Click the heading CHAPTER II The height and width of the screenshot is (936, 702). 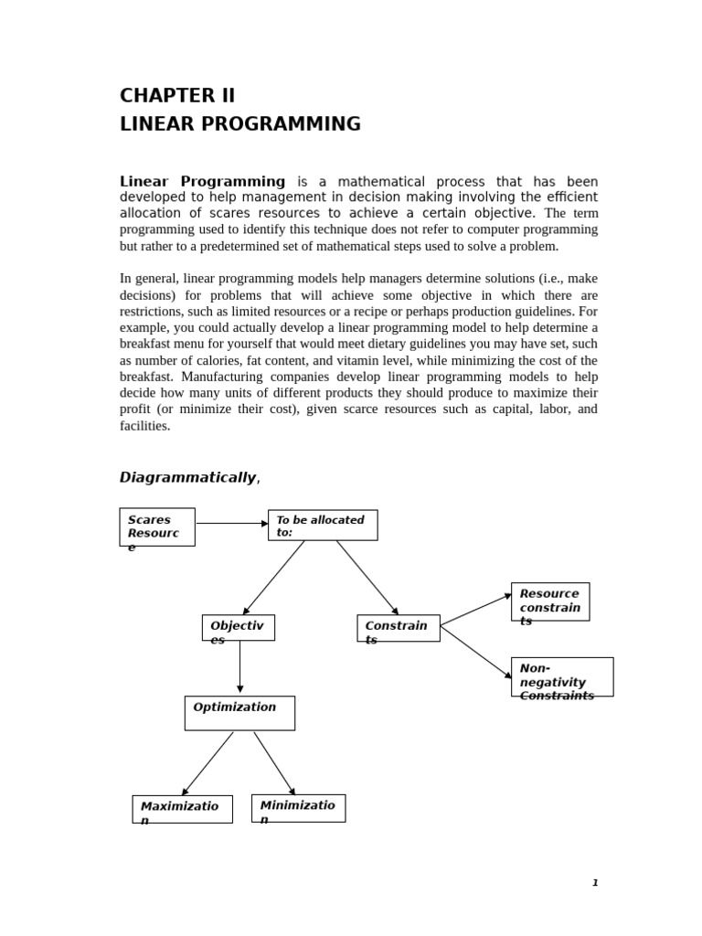point(177,96)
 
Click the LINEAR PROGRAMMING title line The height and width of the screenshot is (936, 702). point(239,124)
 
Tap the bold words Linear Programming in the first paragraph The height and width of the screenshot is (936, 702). point(202,182)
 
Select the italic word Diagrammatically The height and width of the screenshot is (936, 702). point(187,477)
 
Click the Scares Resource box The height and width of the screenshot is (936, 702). point(157,527)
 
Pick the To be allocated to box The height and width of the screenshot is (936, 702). point(322,526)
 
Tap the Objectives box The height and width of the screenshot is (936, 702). point(238,628)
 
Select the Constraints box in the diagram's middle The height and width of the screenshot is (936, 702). point(398,628)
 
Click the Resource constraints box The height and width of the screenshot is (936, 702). point(549,601)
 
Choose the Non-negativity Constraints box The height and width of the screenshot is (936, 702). point(561,677)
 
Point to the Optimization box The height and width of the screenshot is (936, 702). point(239,713)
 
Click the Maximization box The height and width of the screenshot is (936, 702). point(182,809)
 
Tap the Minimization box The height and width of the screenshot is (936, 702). point(298,808)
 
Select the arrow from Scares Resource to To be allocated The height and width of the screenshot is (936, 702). point(231,524)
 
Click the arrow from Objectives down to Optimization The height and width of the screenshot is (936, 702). point(240,667)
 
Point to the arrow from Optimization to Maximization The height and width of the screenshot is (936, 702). point(207,763)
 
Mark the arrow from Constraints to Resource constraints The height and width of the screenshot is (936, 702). point(475,611)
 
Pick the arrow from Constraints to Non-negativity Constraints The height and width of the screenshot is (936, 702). point(475,652)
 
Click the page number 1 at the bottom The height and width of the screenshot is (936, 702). point(595,883)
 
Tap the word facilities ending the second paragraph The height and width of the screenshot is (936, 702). point(144,426)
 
